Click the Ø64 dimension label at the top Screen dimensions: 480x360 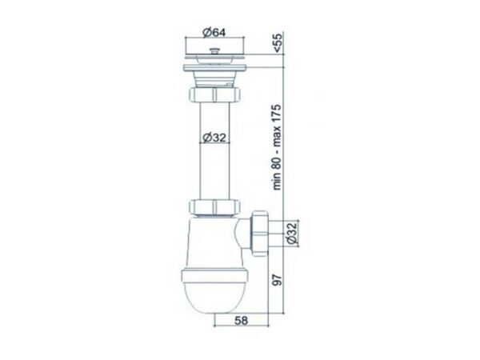(x=214, y=32)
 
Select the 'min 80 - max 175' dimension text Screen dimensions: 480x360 (x=277, y=147)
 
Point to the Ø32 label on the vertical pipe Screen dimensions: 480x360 (x=214, y=138)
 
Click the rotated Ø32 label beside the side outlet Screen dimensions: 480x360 (x=292, y=234)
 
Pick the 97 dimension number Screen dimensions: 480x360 (x=278, y=280)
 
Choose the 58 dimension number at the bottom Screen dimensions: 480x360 (x=242, y=320)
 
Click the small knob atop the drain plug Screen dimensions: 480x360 (x=214, y=50)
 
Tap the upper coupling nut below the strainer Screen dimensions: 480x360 (x=214, y=94)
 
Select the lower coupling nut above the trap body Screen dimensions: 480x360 (x=214, y=207)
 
